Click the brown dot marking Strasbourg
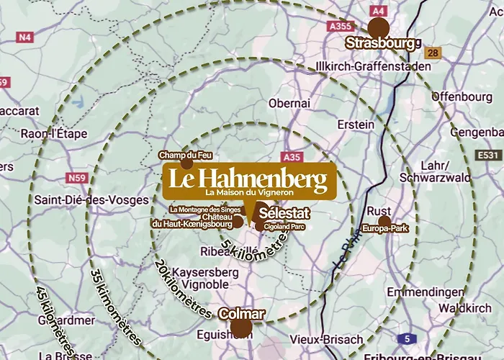(x=378, y=28)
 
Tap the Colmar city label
(x=241, y=314)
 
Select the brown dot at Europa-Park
(x=384, y=220)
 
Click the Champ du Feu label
(x=185, y=155)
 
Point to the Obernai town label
(x=289, y=104)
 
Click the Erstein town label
(x=356, y=124)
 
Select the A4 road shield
(x=377, y=11)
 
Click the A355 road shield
(x=339, y=26)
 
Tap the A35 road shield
(x=292, y=156)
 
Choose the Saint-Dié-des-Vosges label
(x=91, y=200)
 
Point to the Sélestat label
(x=284, y=214)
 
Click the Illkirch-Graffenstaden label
(x=374, y=66)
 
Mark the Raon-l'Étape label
(x=54, y=133)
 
